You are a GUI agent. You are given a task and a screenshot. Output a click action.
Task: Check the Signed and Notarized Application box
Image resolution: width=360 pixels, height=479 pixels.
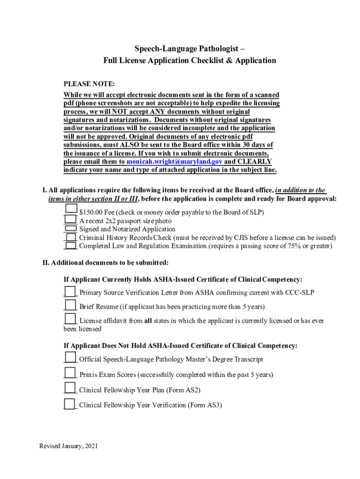click(x=70, y=228)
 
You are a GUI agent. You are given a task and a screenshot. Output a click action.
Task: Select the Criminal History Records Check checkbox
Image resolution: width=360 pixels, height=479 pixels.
click(x=71, y=237)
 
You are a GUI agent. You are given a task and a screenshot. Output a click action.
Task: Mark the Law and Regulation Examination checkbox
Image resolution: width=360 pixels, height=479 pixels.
click(x=71, y=246)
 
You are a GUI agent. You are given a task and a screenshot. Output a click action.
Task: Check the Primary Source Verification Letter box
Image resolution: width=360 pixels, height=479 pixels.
click(x=70, y=292)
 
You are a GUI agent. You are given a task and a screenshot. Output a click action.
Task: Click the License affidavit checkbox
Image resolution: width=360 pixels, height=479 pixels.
click(x=70, y=319)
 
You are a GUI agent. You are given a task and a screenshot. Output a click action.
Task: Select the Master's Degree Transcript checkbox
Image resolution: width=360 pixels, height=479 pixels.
click(x=70, y=358)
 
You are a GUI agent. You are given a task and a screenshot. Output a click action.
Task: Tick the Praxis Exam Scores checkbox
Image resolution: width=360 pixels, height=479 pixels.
click(x=70, y=374)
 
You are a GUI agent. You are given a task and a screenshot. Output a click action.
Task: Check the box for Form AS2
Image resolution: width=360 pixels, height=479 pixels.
click(x=70, y=388)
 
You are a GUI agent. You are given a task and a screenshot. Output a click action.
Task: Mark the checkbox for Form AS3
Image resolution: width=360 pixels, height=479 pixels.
click(x=70, y=404)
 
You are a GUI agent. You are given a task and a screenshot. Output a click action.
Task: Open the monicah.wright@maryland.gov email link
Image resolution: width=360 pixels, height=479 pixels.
click(x=174, y=161)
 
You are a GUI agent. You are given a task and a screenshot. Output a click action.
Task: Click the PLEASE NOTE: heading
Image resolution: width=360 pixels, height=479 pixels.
click(x=89, y=84)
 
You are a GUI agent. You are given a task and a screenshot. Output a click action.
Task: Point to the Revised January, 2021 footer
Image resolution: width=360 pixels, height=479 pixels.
click(x=69, y=446)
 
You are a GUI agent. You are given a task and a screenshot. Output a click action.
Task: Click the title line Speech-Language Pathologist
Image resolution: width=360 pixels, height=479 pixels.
click(x=189, y=49)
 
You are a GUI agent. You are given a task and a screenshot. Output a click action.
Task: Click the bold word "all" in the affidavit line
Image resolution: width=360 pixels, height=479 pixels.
click(x=149, y=321)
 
